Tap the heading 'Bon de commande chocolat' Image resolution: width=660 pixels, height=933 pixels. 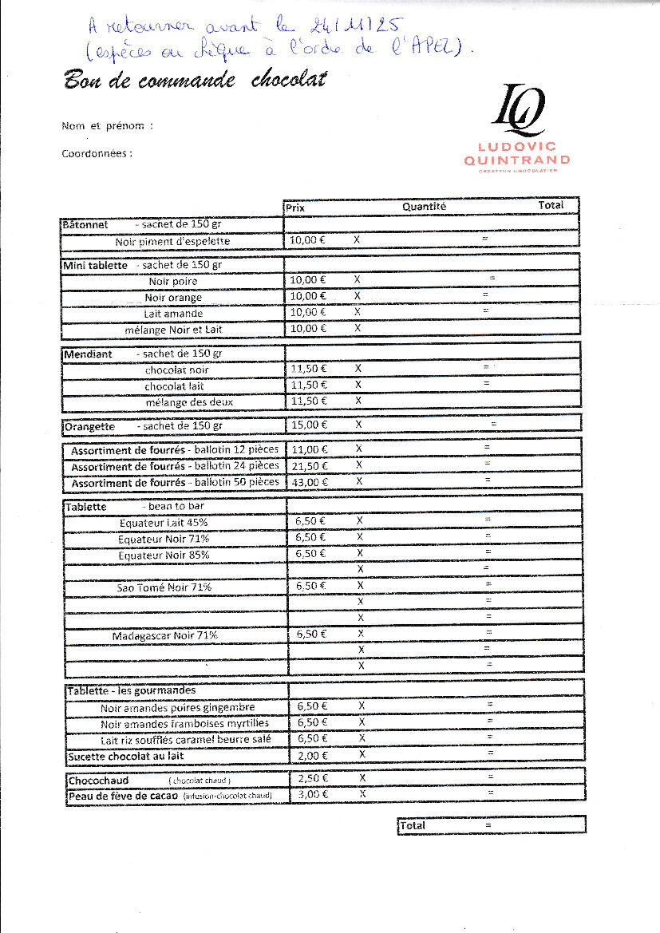coord(195,81)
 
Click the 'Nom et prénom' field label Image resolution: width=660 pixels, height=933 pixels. coord(106,126)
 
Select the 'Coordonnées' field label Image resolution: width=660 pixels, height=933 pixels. coord(97,154)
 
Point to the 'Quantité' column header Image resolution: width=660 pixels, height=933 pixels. coord(424,206)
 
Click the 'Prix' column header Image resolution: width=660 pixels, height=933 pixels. coord(295,208)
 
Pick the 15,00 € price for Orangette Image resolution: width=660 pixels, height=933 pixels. coord(308,425)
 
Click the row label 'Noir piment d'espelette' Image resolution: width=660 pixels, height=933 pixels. coord(172,241)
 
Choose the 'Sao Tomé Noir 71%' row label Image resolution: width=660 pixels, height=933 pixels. coord(164,587)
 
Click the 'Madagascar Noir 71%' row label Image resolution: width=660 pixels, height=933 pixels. coord(164,635)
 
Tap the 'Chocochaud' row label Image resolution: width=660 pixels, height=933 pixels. coord(98,780)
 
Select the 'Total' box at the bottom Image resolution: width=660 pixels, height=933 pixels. coord(492,825)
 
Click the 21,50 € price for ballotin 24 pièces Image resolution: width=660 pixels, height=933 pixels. coord(308,465)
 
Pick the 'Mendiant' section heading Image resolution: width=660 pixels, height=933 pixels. coord(89,354)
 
